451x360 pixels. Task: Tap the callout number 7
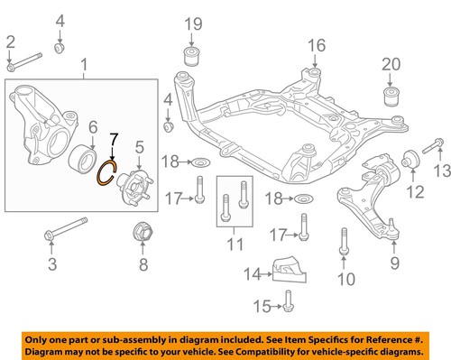tap(113, 140)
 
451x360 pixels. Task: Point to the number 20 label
tap(390, 64)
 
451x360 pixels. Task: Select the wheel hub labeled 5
tap(139, 180)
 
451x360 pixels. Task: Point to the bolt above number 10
tap(343, 242)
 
